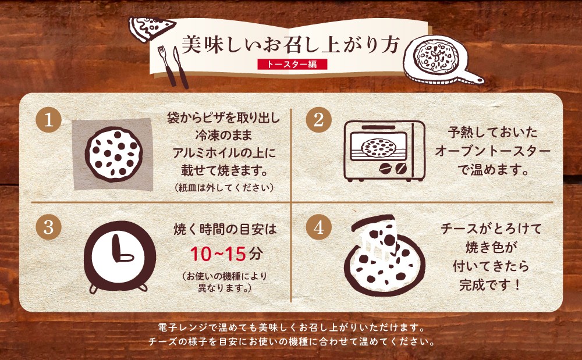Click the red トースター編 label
coord(292,64)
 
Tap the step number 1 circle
coord(49,120)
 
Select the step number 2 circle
coord(319,120)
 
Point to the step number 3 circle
coord(49,227)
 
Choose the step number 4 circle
coord(319,227)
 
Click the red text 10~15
coord(218,254)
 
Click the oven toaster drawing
coord(384,151)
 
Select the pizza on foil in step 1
coord(113,154)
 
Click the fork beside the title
coord(166,65)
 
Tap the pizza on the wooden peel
coord(436,56)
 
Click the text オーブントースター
coord(492,151)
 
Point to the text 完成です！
coord(490,285)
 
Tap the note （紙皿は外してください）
coord(224,188)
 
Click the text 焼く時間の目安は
coord(225,230)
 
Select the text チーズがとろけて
coord(491,229)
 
